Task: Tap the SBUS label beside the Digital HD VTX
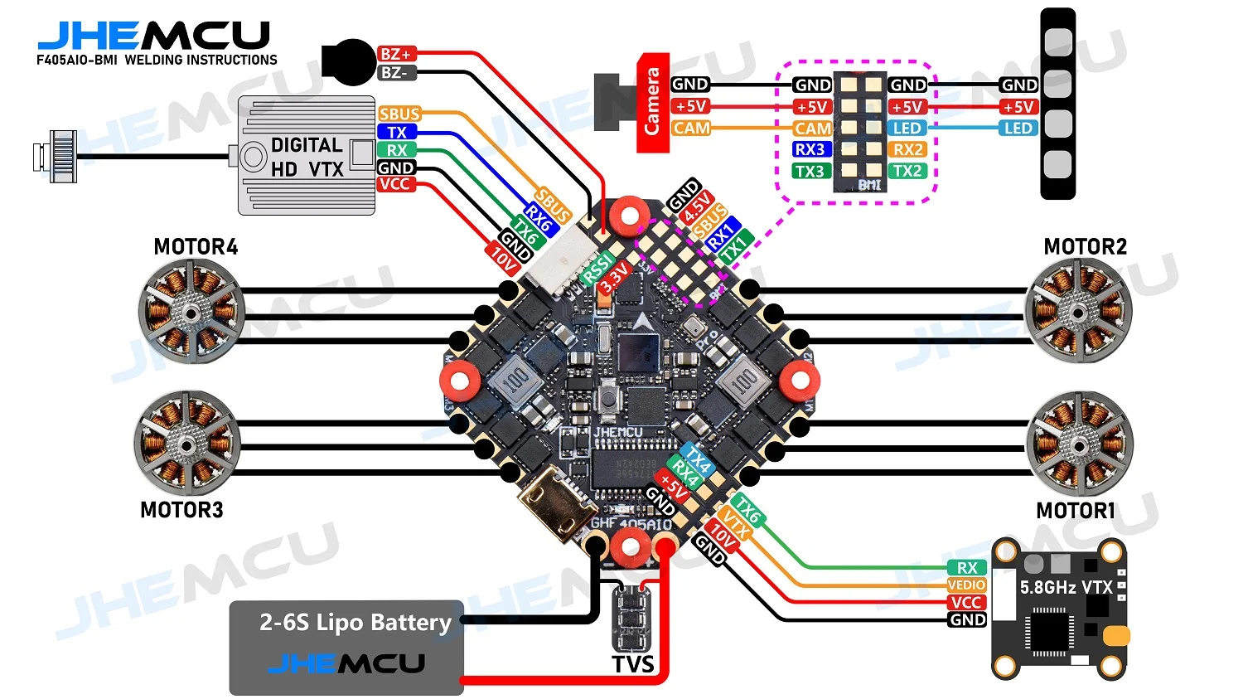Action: click(x=399, y=114)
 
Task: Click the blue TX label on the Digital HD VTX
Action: click(x=397, y=132)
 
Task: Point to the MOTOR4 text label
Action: click(x=196, y=247)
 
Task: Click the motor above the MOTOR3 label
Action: click(x=188, y=444)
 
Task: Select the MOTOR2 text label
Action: click(x=1085, y=247)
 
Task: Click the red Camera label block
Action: click(x=652, y=103)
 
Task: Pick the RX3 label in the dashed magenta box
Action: click(x=810, y=150)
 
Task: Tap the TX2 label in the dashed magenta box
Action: click(x=907, y=171)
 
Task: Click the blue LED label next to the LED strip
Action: click(x=1018, y=129)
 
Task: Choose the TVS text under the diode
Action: click(x=633, y=665)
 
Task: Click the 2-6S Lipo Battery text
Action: click(x=355, y=622)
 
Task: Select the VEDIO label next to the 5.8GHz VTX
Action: click(x=967, y=585)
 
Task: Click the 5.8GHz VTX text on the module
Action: click(x=1066, y=588)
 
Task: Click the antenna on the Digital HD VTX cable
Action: click(x=56, y=156)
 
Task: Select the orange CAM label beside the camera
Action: click(x=691, y=129)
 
